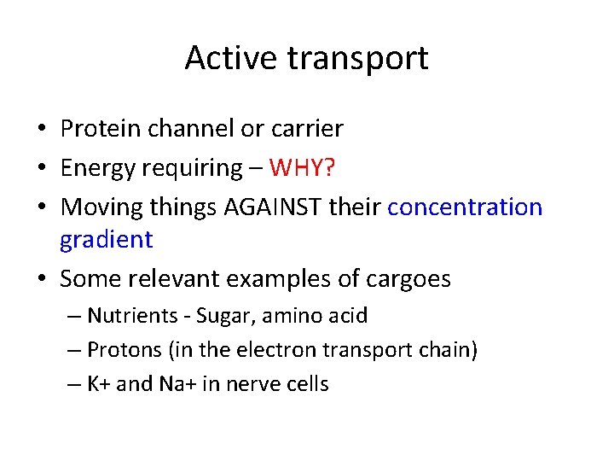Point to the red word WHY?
click(302, 168)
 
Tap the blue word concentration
click(465, 207)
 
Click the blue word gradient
click(106, 241)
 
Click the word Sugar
click(222, 317)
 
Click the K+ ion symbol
click(98, 384)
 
